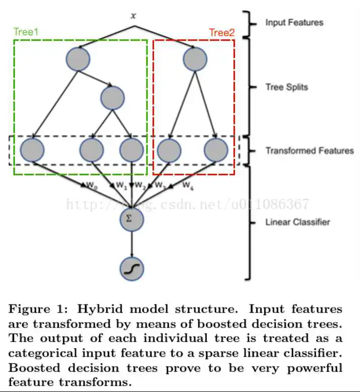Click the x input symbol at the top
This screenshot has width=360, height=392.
pos(133,16)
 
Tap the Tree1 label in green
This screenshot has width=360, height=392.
pos(26,32)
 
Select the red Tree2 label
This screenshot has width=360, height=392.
pos(222,33)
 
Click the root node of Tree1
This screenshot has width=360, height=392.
pos(78,59)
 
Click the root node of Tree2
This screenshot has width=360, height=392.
pos(195,59)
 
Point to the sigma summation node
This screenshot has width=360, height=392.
pos(132,218)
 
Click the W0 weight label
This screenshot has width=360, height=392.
pos(91,186)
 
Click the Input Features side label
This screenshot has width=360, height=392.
pos(294,23)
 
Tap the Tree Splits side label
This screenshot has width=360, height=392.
pos(287,87)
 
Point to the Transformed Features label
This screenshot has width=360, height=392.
pos(309,150)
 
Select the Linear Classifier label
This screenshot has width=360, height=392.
pos(298,222)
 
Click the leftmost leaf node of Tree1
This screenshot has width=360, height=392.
pos(32,149)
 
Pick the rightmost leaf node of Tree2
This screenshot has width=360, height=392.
pos(216,149)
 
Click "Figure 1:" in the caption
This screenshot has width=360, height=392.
pos(35,308)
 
